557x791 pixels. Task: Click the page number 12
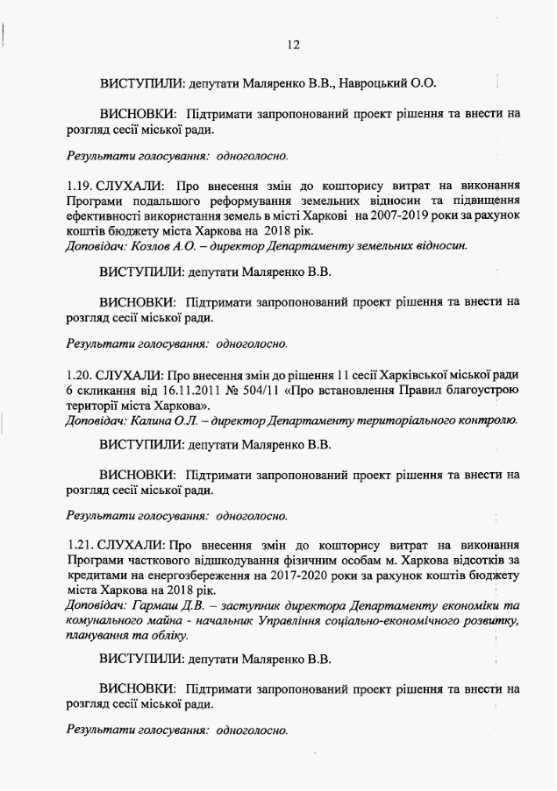[294, 45]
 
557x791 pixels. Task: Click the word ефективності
[104, 216]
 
